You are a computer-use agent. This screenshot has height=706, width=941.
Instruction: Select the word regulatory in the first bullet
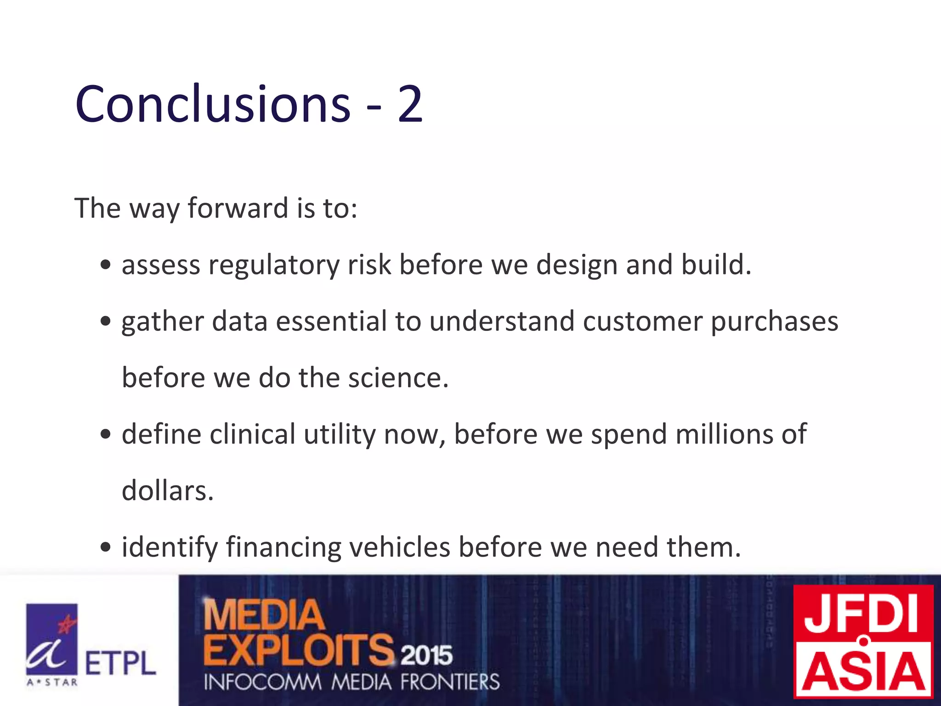pos(274,265)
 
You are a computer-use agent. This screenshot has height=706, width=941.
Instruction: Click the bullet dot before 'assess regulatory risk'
pos(106,265)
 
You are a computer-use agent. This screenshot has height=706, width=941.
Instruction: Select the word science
pos(397,378)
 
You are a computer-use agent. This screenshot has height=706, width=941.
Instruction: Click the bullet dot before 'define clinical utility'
pos(106,434)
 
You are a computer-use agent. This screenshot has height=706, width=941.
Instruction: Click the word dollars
pos(168,491)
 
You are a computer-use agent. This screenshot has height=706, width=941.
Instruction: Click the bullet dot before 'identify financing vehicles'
pos(106,547)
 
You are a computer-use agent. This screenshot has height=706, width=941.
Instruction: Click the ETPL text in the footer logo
pos(120,663)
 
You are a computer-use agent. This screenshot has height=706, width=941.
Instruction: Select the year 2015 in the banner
pos(426,655)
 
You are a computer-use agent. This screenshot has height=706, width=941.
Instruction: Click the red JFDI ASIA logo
pos(864,641)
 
